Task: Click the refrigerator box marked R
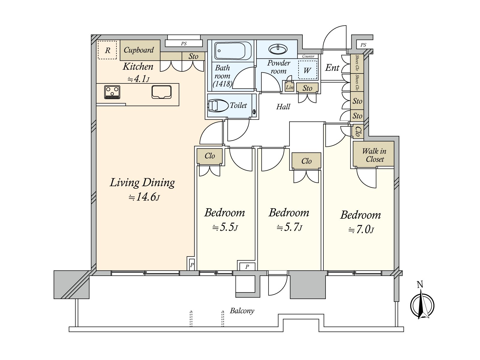[107, 50]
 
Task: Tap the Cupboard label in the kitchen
[139, 50]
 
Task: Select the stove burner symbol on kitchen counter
[112, 92]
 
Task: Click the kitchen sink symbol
[161, 92]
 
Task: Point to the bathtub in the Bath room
[232, 51]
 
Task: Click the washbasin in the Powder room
[278, 49]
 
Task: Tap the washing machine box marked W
[307, 70]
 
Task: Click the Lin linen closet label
[289, 87]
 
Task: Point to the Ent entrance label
[332, 68]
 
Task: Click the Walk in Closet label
[374, 155]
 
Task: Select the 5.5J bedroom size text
[225, 227]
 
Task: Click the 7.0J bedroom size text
[361, 230]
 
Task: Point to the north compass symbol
[422, 305]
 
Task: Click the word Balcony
[242, 311]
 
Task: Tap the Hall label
[283, 107]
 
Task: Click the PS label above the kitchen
[184, 44]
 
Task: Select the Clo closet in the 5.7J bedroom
[306, 161]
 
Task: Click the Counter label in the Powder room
[308, 56]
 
